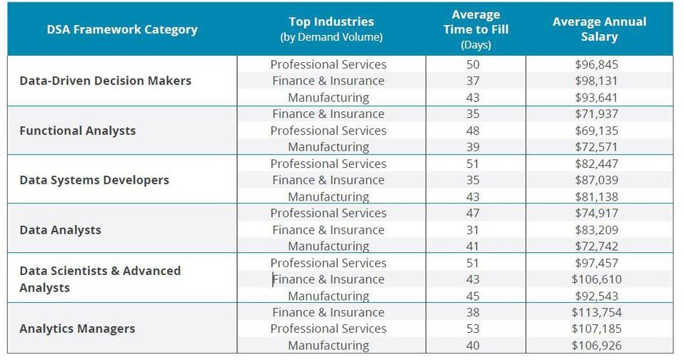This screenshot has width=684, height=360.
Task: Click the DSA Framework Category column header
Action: point(122,29)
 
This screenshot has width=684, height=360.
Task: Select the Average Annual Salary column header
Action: point(598,29)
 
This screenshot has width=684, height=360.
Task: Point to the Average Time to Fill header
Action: point(476,29)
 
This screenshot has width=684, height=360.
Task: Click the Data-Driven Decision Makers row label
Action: point(105,81)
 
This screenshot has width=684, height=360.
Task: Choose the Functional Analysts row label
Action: point(77,131)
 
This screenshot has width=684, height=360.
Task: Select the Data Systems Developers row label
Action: point(94,180)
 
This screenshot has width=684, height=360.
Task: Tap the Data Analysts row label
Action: point(60,230)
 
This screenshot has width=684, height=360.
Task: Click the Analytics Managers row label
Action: point(77,329)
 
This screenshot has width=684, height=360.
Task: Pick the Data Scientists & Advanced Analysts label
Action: point(100,279)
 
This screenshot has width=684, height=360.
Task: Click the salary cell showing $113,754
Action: point(596,312)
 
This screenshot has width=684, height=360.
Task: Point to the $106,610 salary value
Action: point(596,279)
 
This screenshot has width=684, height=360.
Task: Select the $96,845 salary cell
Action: point(596,64)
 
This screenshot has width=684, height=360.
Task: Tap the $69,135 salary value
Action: point(596,131)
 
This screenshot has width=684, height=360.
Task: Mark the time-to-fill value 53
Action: point(473,329)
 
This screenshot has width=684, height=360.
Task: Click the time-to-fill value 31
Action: point(473,230)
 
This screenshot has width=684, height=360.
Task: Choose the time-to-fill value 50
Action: point(473,64)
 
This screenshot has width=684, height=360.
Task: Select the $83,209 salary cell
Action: point(596,230)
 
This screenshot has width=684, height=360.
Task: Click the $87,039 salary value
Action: point(596,180)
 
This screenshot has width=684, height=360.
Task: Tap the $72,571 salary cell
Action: point(596,147)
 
